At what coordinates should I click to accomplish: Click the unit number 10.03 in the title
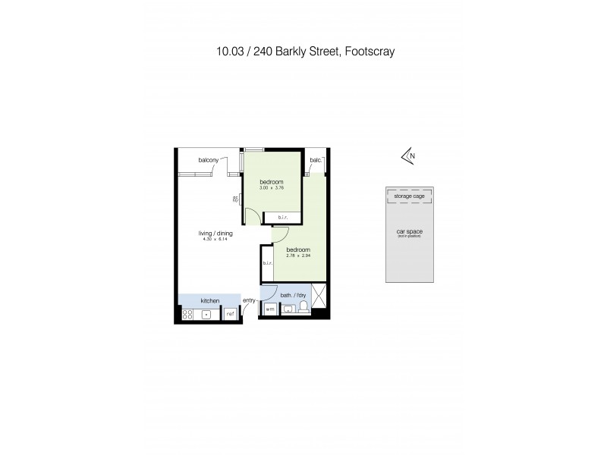pyautogui.click(x=228, y=52)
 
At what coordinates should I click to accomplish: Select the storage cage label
pyautogui.click(x=410, y=196)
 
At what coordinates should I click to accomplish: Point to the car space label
pyautogui.click(x=409, y=233)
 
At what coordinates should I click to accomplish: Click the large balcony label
pyautogui.click(x=209, y=160)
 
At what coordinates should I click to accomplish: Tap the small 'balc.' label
pyautogui.click(x=316, y=160)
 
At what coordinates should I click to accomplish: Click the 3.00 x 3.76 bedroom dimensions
pyautogui.click(x=271, y=187)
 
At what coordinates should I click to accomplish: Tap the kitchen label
pyautogui.click(x=210, y=301)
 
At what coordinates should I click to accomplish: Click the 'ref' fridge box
pyautogui.click(x=230, y=312)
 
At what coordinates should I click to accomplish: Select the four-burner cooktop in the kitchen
pyautogui.click(x=188, y=312)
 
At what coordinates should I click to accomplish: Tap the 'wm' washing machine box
pyautogui.click(x=269, y=309)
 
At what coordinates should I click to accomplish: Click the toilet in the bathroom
pyautogui.click(x=303, y=307)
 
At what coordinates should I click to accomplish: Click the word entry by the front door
pyautogui.click(x=249, y=301)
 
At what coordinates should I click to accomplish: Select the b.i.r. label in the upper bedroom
pyautogui.click(x=282, y=218)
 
